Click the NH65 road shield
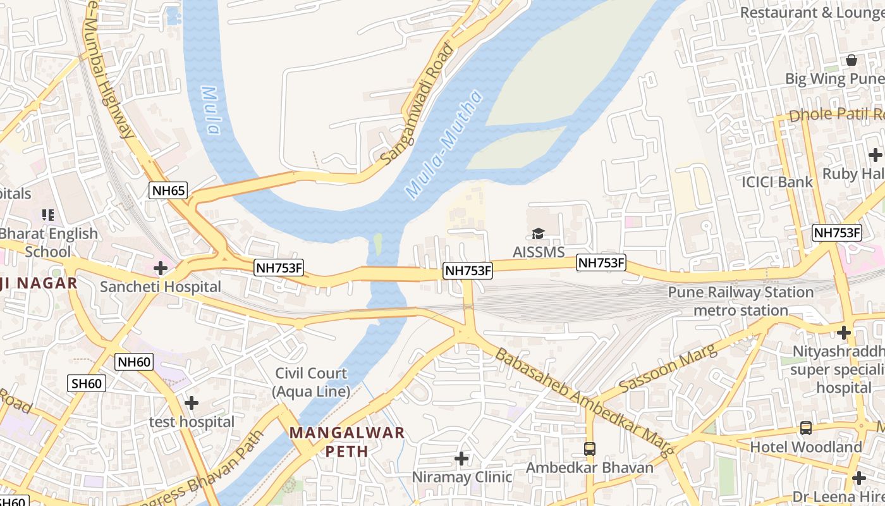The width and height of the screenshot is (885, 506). point(169,190)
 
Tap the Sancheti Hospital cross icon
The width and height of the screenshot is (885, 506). point(161,268)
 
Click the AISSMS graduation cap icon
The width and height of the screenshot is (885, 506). point(538,234)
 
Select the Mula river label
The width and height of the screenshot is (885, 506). point(211,110)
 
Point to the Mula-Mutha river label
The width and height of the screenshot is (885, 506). point(444,145)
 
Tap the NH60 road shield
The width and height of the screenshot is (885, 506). point(134,362)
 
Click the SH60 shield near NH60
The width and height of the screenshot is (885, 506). point(87,383)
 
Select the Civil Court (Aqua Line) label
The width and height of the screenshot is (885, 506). point(311,382)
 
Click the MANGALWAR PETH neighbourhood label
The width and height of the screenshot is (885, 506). point(347,441)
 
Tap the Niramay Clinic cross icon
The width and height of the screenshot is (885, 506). point(461,457)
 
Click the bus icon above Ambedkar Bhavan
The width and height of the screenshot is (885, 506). point(589,448)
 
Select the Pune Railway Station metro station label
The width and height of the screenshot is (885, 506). point(740,301)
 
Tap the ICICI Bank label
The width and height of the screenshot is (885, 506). point(778,182)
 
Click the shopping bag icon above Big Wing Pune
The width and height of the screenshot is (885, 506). point(851,60)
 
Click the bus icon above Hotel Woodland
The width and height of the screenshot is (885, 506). point(805,428)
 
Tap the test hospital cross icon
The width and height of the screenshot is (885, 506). point(192,402)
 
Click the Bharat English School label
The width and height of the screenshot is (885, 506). point(49,242)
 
